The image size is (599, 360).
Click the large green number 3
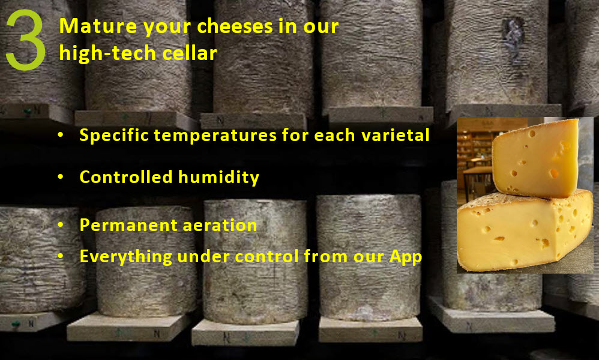point(26,40)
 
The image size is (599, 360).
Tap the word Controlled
point(126,177)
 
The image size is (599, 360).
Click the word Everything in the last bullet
point(125,257)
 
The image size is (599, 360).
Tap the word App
point(406,257)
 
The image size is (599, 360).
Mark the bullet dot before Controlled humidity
point(61,177)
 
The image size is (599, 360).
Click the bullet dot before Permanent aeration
point(61,225)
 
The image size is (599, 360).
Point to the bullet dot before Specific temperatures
point(61,135)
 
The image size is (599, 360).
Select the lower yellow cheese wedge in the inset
point(525,231)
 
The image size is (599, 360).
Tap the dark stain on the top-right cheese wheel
point(513,36)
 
